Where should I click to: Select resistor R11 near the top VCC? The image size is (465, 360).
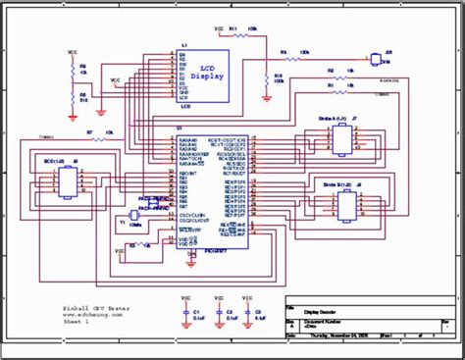[233, 33]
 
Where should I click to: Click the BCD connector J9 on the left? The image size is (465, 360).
[66, 180]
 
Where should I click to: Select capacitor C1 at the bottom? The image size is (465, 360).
[185, 313]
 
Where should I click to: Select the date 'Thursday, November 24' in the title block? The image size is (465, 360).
[325, 334]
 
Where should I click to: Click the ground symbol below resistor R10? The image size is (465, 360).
[266, 96]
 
